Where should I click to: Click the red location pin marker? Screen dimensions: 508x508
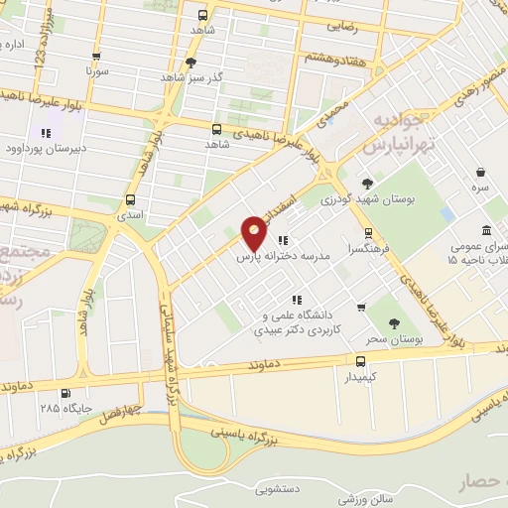(255, 232)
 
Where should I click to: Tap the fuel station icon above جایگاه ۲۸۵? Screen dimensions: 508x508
(65, 392)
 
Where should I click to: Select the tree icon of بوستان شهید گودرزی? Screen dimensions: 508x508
(368, 184)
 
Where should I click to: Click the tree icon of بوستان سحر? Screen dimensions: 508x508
(394, 323)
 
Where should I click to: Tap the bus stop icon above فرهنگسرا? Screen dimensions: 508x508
(368, 233)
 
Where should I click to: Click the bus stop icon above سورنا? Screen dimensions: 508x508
(96, 58)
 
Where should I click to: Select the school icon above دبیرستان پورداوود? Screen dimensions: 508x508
(46, 133)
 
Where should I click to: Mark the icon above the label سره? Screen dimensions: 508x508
(479, 171)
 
